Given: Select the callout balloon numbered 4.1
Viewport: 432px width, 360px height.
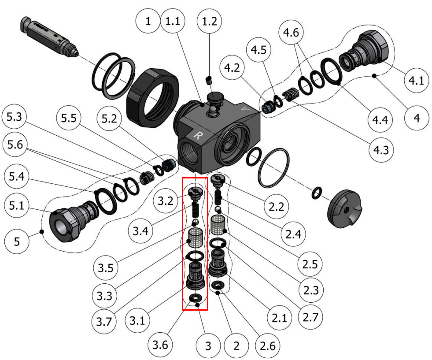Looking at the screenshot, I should click(416, 81).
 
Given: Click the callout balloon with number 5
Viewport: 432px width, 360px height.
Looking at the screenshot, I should click(16, 242).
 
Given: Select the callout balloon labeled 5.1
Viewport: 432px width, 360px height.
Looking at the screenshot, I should click(16, 206).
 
